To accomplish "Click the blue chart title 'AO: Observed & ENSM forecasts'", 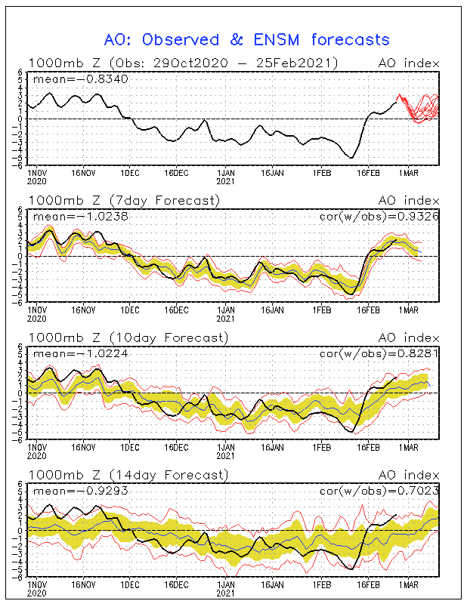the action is [247, 40].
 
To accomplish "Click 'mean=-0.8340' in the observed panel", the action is [81, 79].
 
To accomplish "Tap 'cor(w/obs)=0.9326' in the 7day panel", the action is [379, 217].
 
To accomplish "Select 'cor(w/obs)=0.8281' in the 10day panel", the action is [379, 354].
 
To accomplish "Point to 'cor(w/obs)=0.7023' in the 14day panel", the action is [379, 492].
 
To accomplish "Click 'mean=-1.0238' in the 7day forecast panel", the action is [81, 217].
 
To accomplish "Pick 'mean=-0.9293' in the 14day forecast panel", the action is [81, 491].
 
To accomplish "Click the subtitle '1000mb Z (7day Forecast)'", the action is [124, 201].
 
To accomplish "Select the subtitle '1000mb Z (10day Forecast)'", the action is [128, 337].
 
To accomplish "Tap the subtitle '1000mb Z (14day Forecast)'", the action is [128, 475].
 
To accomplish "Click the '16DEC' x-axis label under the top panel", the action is [176, 173].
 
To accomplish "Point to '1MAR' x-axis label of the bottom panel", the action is [408, 584].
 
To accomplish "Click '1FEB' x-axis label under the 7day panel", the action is [322, 310].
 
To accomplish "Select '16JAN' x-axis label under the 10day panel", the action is [272, 447].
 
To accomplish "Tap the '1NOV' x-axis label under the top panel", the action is [37, 173].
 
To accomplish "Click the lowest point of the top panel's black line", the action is [351, 158].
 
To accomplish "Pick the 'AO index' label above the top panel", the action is [409, 63].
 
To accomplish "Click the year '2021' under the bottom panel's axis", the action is [226, 593].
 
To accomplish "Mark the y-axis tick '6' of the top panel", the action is [24, 72].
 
